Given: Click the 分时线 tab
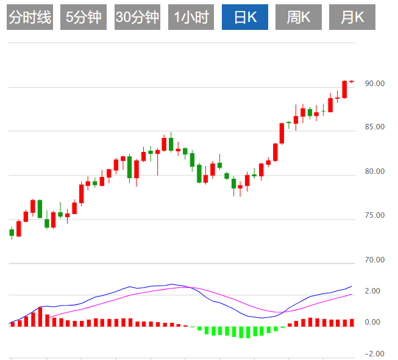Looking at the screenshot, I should (x=29, y=18).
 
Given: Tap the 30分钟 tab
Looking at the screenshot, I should (x=137, y=18).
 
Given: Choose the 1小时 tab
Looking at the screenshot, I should (x=191, y=18).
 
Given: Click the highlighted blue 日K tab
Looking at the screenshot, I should (x=244, y=18).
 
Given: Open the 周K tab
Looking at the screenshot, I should (x=299, y=18).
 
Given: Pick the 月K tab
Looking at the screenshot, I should (x=352, y=18).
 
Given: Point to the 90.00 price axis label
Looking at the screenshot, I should (x=374, y=84).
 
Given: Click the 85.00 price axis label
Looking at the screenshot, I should (x=374, y=128).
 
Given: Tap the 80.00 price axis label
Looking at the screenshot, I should (x=374, y=171).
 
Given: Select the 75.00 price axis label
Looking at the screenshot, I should (x=374, y=215).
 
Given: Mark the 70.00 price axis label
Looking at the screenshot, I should (x=374, y=260).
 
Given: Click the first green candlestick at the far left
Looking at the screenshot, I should (x=12, y=232).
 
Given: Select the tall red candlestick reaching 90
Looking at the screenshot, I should (x=344, y=89).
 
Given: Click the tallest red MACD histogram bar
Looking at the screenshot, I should (x=40, y=317).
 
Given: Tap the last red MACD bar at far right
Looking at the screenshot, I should (x=352, y=323).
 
